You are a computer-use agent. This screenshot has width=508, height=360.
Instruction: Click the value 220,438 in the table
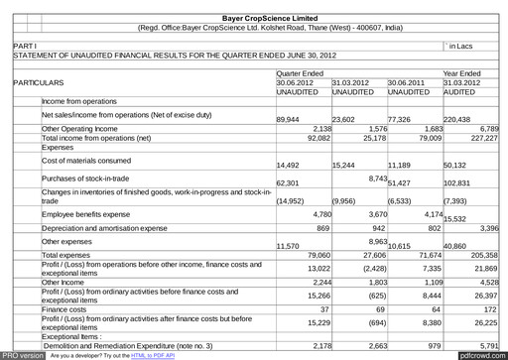click(459, 119)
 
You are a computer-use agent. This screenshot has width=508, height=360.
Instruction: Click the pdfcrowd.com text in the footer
click(481, 354)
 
